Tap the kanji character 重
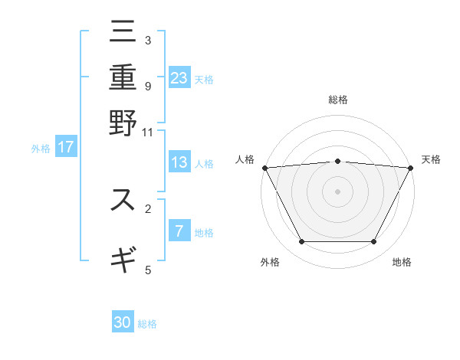tap(123, 78)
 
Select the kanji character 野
tap(123, 122)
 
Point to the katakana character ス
tap(123, 201)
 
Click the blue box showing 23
tap(179, 77)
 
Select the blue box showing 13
tap(179, 162)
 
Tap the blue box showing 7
tap(179, 231)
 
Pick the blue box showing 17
tap(66, 147)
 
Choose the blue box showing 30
tap(123, 322)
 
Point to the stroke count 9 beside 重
tap(147, 86)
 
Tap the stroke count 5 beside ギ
tap(147, 269)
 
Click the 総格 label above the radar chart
tap(338, 100)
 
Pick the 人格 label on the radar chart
tap(245, 159)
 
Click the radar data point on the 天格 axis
tap(411, 167)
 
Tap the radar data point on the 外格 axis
tap(301, 242)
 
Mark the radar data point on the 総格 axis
tap(338, 161)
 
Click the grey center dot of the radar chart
tap(338, 191)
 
